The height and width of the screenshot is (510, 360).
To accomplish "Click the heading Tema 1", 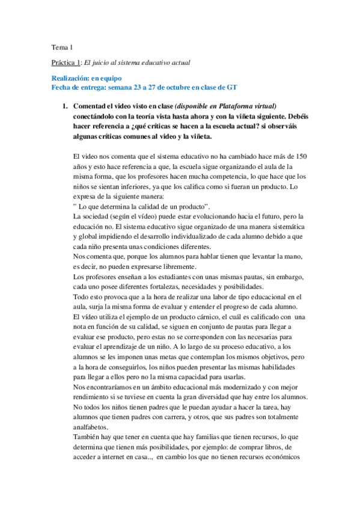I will [59, 46].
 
